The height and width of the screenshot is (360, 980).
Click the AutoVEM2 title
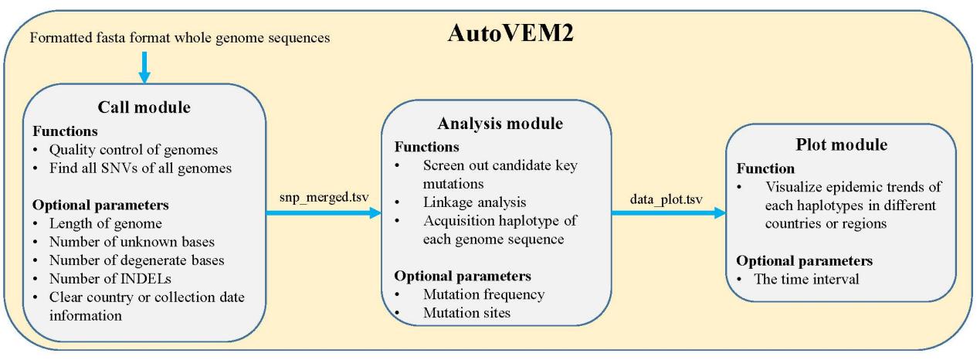tap(510, 32)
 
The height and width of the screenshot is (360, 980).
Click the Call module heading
tap(144, 107)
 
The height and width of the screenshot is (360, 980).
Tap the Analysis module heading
tap(500, 124)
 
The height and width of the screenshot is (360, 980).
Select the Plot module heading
tap(841, 144)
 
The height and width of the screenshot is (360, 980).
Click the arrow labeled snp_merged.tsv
tap(324, 213)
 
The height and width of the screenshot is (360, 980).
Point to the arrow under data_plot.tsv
tap(669, 213)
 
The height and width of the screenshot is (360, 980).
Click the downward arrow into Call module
tap(144, 67)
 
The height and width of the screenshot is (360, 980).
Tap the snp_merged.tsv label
tap(324, 197)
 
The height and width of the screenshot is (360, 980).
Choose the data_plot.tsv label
tap(666, 199)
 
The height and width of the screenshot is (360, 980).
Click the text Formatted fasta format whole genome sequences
tap(180, 38)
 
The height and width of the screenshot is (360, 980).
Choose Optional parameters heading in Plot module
tap(805, 260)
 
